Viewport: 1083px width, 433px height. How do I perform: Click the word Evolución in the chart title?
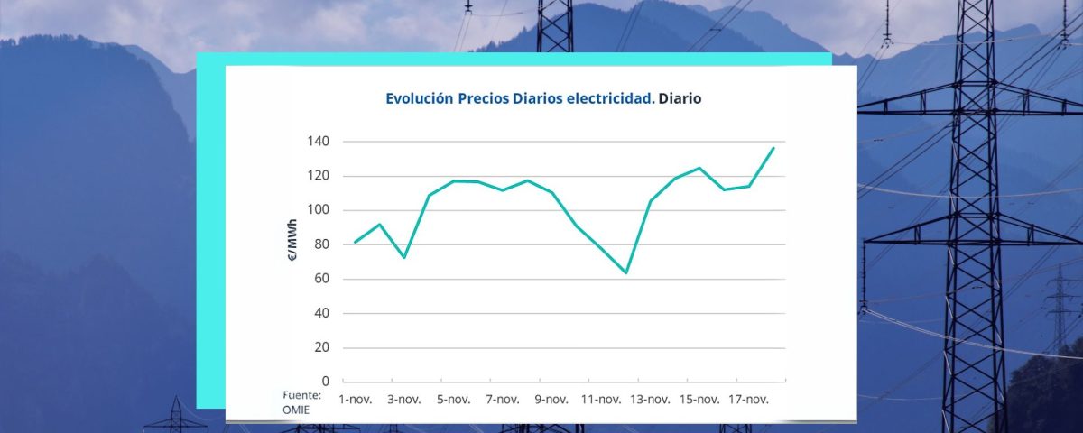tap(419, 99)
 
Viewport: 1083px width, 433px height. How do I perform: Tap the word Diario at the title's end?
tap(680, 99)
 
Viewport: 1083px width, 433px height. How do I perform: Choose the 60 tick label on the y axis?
tap(321, 279)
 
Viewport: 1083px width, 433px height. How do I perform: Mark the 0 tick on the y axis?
tap(325, 382)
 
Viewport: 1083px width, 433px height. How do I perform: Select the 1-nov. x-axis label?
tap(355, 400)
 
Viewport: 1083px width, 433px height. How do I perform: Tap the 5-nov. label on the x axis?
tap(453, 400)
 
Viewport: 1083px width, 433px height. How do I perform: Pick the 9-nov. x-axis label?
tap(551, 400)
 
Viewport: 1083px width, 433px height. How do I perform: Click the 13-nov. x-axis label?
tap(650, 400)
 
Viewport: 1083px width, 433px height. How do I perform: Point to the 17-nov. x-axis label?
tap(748, 400)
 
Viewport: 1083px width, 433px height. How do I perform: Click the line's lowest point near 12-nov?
tap(625, 272)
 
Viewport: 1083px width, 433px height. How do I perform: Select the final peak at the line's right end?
tap(773, 148)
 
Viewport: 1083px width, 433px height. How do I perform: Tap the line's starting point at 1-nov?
tap(355, 242)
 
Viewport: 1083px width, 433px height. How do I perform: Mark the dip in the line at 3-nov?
tap(403, 257)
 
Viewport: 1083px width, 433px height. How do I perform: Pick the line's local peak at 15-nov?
tap(699, 168)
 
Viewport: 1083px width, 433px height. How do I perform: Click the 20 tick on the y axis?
tap(321, 347)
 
